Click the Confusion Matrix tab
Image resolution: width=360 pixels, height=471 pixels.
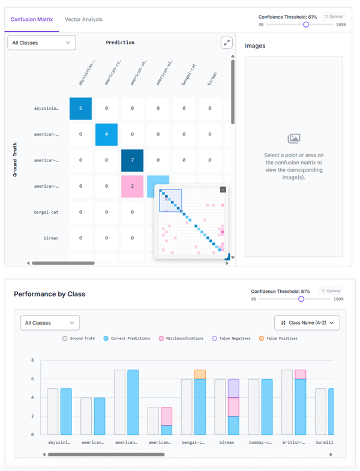click(32, 19)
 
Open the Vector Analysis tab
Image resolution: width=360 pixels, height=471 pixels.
click(83, 19)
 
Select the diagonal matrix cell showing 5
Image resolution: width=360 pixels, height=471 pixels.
click(80, 108)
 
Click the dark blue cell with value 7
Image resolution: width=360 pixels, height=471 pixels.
click(133, 160)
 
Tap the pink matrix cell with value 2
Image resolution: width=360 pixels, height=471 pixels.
click(133, 187)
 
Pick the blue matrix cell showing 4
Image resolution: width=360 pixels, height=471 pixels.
click(107, 134)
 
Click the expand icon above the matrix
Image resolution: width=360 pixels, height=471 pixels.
click(226, 43)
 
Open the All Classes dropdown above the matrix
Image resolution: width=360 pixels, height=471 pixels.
click(41, 43)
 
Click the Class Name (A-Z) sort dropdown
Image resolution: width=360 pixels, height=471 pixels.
click(307, 323)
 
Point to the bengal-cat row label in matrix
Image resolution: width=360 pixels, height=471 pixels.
click(47, 212)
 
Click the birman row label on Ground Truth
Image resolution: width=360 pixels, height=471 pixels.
click(52, 238)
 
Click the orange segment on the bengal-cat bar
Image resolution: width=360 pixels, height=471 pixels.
click(200, 374)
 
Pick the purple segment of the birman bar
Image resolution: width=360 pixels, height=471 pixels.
click(233, 388)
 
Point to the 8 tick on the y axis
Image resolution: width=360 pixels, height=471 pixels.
click(31, 361)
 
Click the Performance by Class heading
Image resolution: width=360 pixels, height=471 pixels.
click(49, 294)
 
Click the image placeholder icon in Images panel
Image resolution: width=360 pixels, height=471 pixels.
click(293, 139)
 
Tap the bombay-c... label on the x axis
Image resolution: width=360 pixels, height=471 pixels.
click(260, 443)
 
